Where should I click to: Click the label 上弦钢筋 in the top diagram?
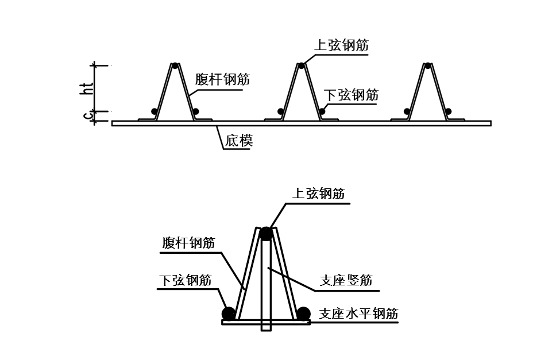tap(342, 45)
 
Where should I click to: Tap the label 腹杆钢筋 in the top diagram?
tap(222, 79)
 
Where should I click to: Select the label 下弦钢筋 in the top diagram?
tap(351, 95)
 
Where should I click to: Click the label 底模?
tap(239, 140)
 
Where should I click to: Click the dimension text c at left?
tap(87, 116)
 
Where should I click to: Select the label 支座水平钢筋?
tap(358, 313)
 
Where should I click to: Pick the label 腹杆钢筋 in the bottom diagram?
tap(188, 243)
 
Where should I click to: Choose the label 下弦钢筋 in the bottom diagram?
tap(185, 280)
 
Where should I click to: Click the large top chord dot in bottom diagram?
tap(265, 234)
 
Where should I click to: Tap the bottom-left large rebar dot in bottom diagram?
tap(229, 313)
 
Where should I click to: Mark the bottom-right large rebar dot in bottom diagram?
tap(303, 313)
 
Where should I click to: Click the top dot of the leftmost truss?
tap(175, 65)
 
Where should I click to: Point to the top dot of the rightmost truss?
tap(427, 65)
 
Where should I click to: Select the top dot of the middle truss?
tap(301, 65)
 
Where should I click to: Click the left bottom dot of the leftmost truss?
tap(154, 111)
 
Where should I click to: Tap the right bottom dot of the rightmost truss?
tap(448, 111)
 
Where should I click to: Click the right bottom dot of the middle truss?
tap(322, 111)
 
